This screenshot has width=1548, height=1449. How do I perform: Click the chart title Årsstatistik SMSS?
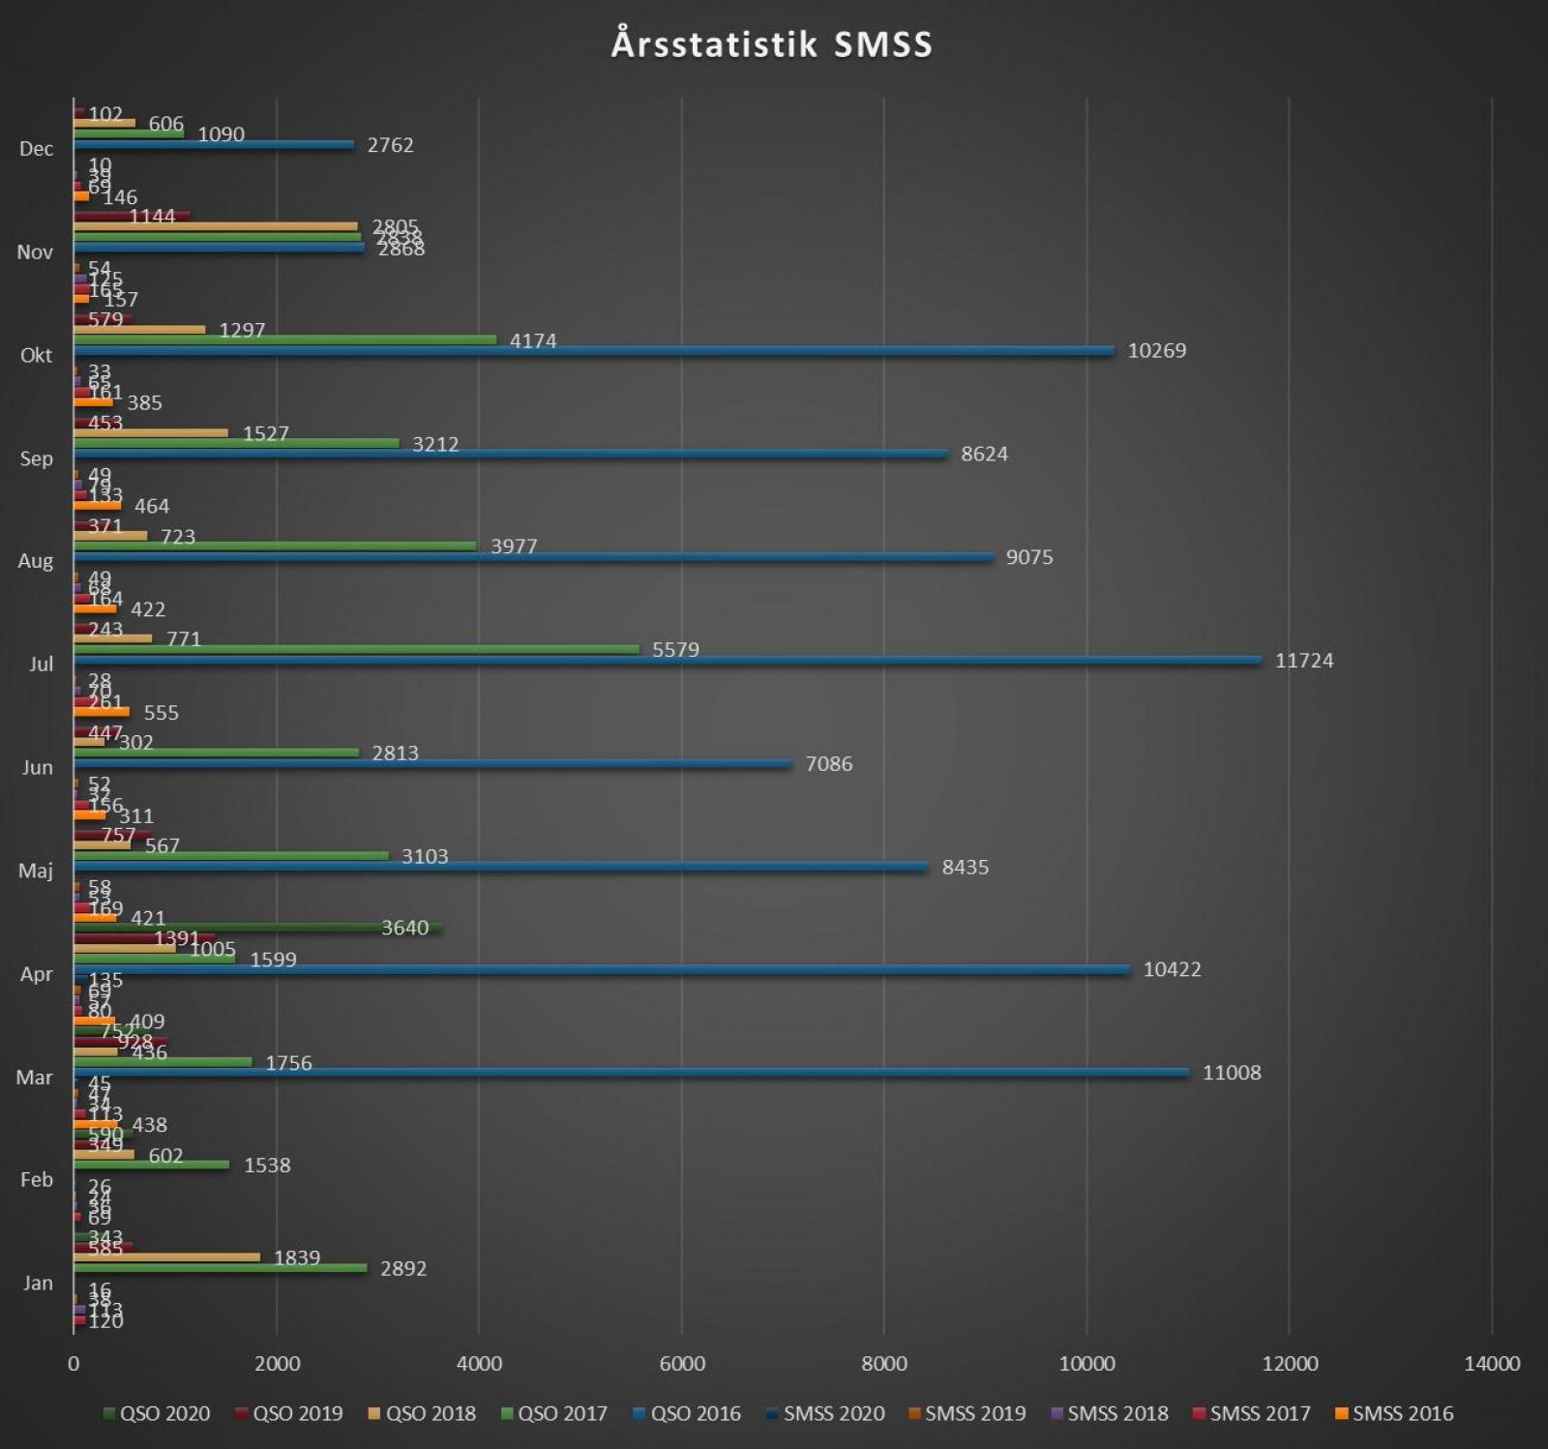(x=772, y=44)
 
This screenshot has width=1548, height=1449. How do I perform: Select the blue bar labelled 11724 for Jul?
(x=668, y=661)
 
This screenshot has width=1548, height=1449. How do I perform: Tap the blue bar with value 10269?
(x=594, y=351)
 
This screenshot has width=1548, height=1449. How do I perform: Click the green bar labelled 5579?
(x=356, y=649)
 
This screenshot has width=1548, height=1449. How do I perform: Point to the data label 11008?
(x=1231, y=1073)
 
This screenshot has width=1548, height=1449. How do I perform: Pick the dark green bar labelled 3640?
(x=257, y=929)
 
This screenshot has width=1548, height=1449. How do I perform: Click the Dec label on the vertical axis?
(x=36, y=149)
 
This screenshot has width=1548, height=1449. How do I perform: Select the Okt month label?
(x=36, y=355)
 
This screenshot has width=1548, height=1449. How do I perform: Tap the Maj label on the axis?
(x=36, y=871)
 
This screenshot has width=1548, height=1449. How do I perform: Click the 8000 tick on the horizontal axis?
(x=884, y=1364)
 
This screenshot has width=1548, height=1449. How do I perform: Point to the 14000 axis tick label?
(x=1491, y=1364)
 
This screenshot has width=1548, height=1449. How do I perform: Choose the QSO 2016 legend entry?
(x=687, y=1413)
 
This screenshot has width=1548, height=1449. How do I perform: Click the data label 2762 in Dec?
(x=390, y=145)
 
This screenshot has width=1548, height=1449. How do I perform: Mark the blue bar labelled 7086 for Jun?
(x=432, y=764)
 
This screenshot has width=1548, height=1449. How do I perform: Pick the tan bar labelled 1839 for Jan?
(x=166, y=1257)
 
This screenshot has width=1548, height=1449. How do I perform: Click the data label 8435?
(x=965, y=868)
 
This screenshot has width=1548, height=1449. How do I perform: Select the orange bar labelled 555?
(x=102, y=712)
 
